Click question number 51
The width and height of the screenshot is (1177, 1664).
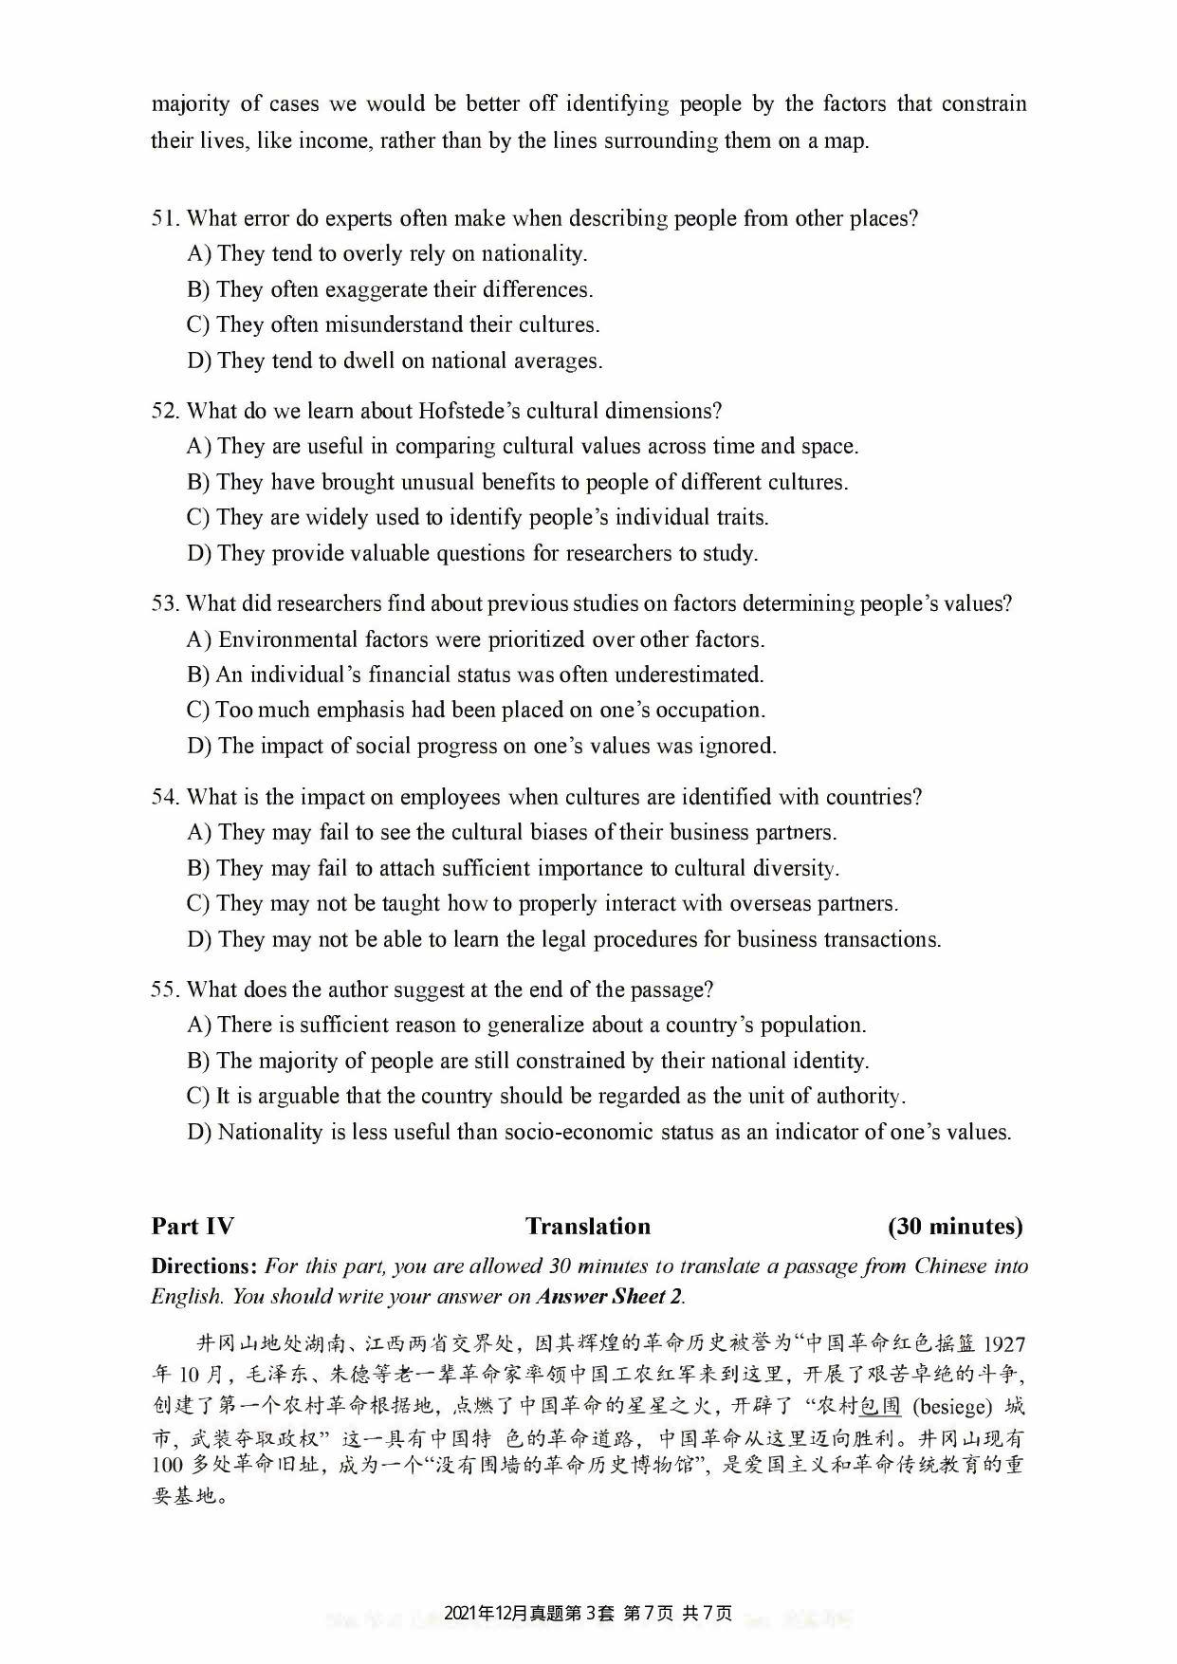pyautogui.click(x=165, y=219)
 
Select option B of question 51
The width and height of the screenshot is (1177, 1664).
pyautogui.click(x=198, y=289)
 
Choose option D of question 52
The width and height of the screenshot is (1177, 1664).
pyautogui.click(x=199, y=554)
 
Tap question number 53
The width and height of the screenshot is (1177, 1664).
pyautogui.click(x=165, y=604)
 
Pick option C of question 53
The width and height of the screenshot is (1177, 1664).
pyautogui.click(x=198, y=711)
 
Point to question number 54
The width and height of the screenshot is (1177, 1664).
pyautogui.click(x=165, y=797)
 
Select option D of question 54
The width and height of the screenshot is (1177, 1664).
pyautogui.click(x=199, y=940)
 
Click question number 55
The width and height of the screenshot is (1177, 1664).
pyautogui.click(x=165, y=990)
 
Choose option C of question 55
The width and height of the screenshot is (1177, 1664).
pyautogui.click(x=198, y=1097)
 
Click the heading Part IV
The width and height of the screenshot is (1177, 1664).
pyautogui.click(x=193, y=1227)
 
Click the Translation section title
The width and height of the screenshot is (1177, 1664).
pyautogui.click(x=588, y=1227)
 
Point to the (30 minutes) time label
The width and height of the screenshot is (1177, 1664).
pyautogui.click(x=955, y=1227)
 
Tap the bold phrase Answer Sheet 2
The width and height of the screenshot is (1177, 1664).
pyautogui.click(x=609, y=1297)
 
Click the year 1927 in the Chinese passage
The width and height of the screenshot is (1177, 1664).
pyautogui.click(x=1003, y=1344)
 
